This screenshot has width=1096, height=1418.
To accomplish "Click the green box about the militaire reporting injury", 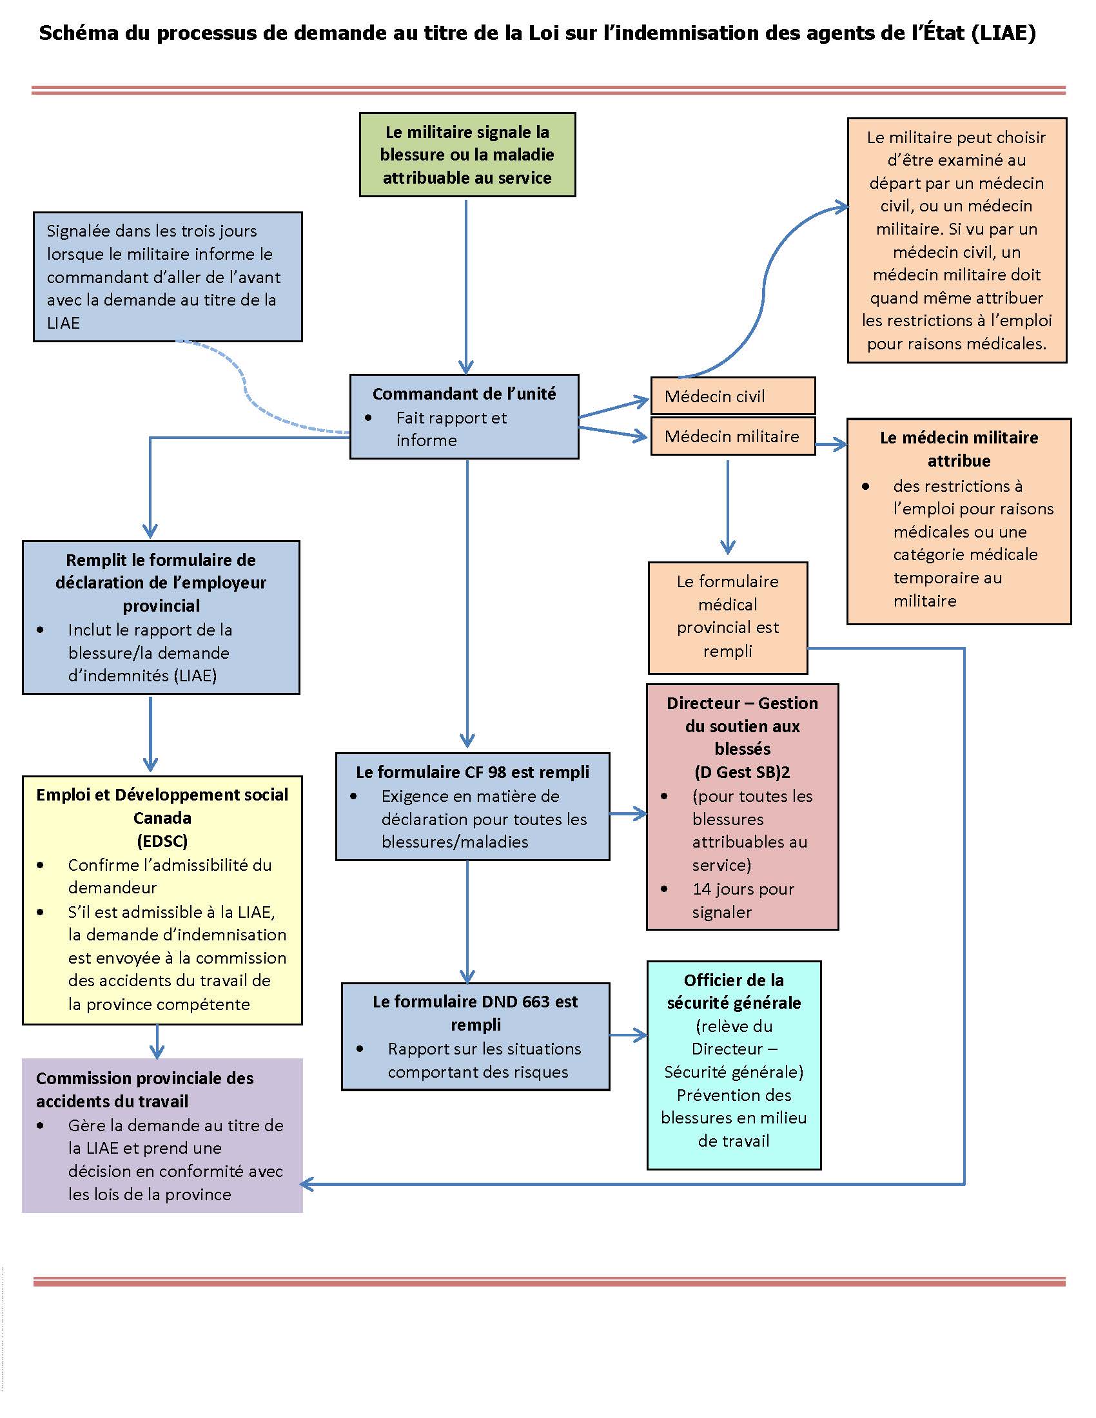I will click(467, 155).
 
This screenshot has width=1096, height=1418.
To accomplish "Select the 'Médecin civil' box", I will click(732, 396).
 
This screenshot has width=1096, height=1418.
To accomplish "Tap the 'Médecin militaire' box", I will click(732, 436).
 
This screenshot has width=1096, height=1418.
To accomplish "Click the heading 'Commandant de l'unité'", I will click(464, 393).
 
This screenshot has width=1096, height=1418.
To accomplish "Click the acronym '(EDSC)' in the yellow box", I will click(162, 840).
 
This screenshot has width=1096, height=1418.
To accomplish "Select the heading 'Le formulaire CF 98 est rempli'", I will click(472, 772).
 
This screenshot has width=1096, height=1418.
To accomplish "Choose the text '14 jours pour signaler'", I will click(743, 900).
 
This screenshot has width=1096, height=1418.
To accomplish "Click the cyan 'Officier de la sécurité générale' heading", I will click(734, 991).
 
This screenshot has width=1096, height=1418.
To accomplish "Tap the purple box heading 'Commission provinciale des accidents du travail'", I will click(145, 1089).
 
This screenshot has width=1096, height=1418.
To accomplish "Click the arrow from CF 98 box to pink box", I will click(628, 813).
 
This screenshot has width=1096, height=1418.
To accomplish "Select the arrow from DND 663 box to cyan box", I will click(628, 1036).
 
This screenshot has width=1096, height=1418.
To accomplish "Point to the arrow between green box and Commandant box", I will click(466, 286).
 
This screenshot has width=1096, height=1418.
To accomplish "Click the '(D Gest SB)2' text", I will click(742, 772).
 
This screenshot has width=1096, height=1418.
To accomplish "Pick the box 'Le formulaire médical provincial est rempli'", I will click(727, 616).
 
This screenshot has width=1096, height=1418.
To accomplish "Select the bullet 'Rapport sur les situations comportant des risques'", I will click(484, 1060).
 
